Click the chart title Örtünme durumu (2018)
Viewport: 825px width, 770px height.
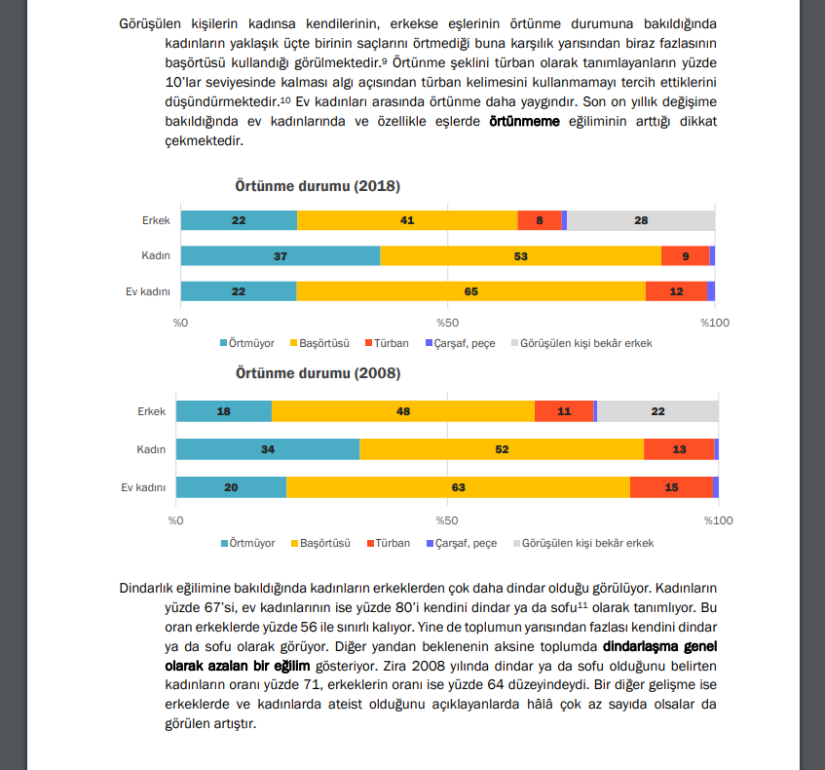[x=317, y=186]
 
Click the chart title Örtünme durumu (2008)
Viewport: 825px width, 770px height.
[x=317, y=373]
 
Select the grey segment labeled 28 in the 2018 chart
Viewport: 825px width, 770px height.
[x=640, y=220]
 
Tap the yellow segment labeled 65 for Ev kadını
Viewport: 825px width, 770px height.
[x=470, y=290]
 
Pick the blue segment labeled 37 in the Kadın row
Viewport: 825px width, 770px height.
[x=280, y=255]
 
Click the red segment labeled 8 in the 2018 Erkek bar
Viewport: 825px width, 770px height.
[x=539, y=220]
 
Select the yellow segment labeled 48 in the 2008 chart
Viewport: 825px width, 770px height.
[x=402, y=411]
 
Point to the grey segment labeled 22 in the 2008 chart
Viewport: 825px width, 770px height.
[x=657, y=411]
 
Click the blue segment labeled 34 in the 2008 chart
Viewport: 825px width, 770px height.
[x=267, y=449]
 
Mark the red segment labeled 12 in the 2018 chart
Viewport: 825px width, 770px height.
[x=675, y=290]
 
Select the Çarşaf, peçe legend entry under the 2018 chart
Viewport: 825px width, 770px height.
[x=465, y=343]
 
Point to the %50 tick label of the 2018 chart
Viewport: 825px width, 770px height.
[x=447, y=322]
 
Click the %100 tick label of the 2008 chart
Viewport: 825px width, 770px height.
[x=718, y=521]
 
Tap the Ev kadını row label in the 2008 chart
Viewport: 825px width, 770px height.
[x=143, y=487]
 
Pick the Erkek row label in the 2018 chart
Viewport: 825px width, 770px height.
[x=156, y=220]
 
